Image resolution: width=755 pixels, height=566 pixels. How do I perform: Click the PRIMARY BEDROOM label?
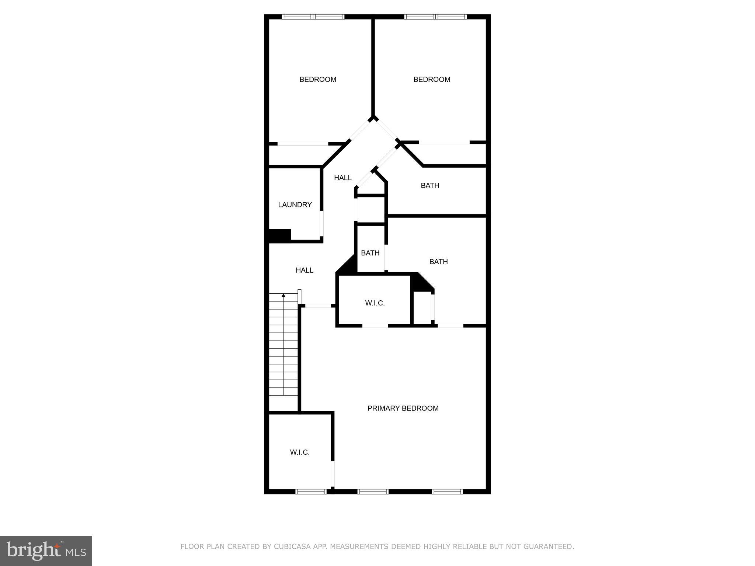[x=403, y=408]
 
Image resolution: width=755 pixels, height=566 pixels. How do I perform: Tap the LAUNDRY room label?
[x=295, y=205]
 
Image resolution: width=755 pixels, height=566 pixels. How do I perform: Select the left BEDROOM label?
[x=318, y=80]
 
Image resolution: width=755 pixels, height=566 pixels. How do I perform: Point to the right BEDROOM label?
[x=432, y=80]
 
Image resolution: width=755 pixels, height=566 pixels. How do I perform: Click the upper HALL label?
[x=342, y=178]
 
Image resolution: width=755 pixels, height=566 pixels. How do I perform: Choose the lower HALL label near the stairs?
[x=305, y=270]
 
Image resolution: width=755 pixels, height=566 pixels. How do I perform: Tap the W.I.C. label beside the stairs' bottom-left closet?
[x=300, y=453]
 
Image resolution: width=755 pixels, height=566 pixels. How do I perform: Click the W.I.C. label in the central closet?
[x=375, y=303]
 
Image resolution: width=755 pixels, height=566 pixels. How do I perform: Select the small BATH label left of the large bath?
[x=370, y=253]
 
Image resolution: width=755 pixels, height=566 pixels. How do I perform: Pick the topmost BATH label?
[x=430, y=186]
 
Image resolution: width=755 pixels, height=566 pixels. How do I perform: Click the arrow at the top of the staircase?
[x=283, y=295]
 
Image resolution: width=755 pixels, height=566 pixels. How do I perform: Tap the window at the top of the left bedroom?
[x=313, y=17]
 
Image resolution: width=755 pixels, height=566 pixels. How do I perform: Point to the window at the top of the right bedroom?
[x=435, y=17]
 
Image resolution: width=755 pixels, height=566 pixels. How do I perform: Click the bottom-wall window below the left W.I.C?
[x=311, y=491]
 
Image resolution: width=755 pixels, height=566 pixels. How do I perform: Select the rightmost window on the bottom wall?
[x=447, y=491]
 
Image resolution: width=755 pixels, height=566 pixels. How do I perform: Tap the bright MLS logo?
[x=46, y=551]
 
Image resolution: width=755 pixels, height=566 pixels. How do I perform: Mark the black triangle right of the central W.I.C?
[x=420, y=283]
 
